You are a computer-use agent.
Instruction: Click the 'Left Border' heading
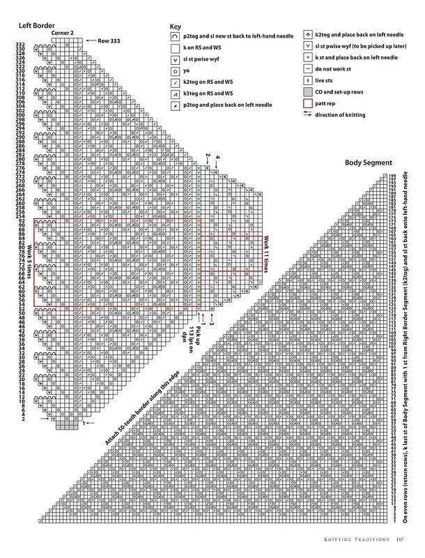pyautogui.click(x=36, y=25)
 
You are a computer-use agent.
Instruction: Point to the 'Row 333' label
pyautogui.click(x=110, y=41)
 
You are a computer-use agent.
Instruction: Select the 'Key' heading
pyautogui.click(x=174, y=27)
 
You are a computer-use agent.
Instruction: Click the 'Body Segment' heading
pyautogui.click(x=369, y=163)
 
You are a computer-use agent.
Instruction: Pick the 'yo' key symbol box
pyautogui.click(x=176, y=70)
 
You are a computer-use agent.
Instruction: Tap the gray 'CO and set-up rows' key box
pyautogui.click(x=307, y=91)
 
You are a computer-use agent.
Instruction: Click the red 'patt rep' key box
pyautogui.click(x=307, y=103)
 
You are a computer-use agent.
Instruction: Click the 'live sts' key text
pyautogui.click(x=325, y=80)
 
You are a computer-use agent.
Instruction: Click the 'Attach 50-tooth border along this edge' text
pyautogui.click(x=136, y=409)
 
